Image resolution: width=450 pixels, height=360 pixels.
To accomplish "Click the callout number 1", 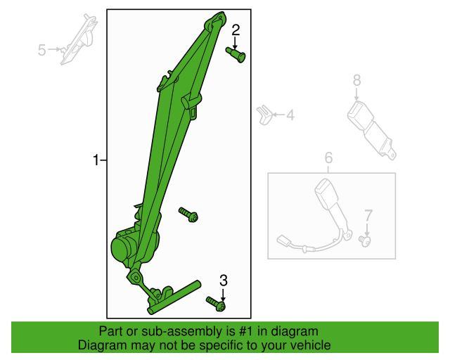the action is click(96, 160).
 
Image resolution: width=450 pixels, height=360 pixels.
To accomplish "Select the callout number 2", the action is click(236, 30).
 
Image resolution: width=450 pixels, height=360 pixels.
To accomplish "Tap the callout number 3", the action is click(224, 281).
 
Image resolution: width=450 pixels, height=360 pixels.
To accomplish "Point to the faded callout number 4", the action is click(290, 115).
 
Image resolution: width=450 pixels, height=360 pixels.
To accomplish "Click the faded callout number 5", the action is click(42, 50).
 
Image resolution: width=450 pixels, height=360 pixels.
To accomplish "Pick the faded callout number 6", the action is click(328, 158).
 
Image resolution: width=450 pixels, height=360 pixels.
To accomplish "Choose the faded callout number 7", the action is click(368, 215).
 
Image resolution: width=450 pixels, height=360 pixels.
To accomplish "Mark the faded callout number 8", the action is click(356, 80).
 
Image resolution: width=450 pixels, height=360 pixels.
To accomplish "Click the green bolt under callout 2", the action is click(236, 55).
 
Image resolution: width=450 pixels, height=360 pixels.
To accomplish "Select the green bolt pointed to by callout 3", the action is click(216, 304).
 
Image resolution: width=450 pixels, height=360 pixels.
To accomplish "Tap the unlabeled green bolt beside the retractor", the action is click(188, 214).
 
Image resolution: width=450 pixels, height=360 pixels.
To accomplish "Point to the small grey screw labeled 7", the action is click(365, 240).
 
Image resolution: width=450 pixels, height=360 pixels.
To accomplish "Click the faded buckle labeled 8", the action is click(371, 129).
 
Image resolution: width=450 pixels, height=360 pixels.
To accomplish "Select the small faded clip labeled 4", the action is click(264, 115).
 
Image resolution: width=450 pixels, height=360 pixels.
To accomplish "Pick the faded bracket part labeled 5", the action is click(78, 39).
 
